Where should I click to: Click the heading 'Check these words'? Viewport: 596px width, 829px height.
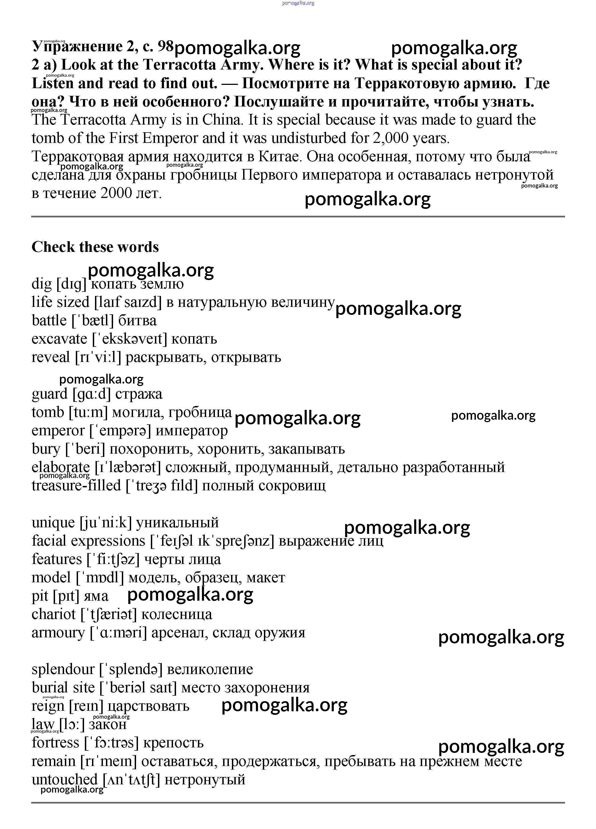pyautogui.click(x=95, y=247)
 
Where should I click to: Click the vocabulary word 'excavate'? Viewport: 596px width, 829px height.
pyautogui.click(x=59, y=339)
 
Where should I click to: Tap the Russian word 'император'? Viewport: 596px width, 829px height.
pyautogui.click(x=191, y=431)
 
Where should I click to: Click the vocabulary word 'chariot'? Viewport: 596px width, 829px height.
pyautogui.click(x=53, y=614)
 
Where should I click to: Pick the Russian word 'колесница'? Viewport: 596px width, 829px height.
pyautogui.click(x=177, y=614)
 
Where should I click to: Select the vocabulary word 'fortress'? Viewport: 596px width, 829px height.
pyautogui.click(x=55, y=743)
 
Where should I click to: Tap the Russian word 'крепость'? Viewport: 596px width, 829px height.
pyautogui.click(x=173, y=743)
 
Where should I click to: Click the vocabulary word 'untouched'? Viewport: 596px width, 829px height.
pyautogui.click(x=64, y=780)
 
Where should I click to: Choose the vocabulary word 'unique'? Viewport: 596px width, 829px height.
pyautogui.click(x=53, y=523)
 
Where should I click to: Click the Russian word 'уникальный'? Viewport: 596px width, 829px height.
pyautogui.click(x=177, y=523)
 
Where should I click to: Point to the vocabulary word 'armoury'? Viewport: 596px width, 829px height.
pyautogui.click(x=58, y=633)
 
